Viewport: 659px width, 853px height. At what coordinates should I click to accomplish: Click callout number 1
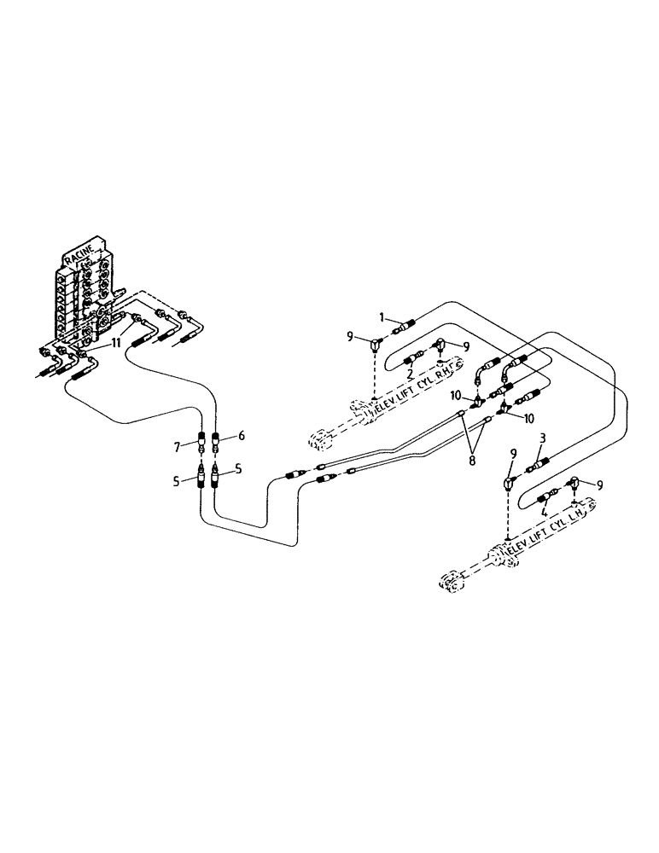[382, 316]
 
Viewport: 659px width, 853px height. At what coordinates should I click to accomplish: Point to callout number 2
[410, 374]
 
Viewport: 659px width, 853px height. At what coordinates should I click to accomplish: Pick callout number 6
[242, 436]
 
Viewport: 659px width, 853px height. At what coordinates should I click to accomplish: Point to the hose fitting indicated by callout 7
[202, 444]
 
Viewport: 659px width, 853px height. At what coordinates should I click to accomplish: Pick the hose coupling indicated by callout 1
[405, 325]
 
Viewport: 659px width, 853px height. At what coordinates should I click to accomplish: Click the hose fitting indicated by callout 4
[547, 499]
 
